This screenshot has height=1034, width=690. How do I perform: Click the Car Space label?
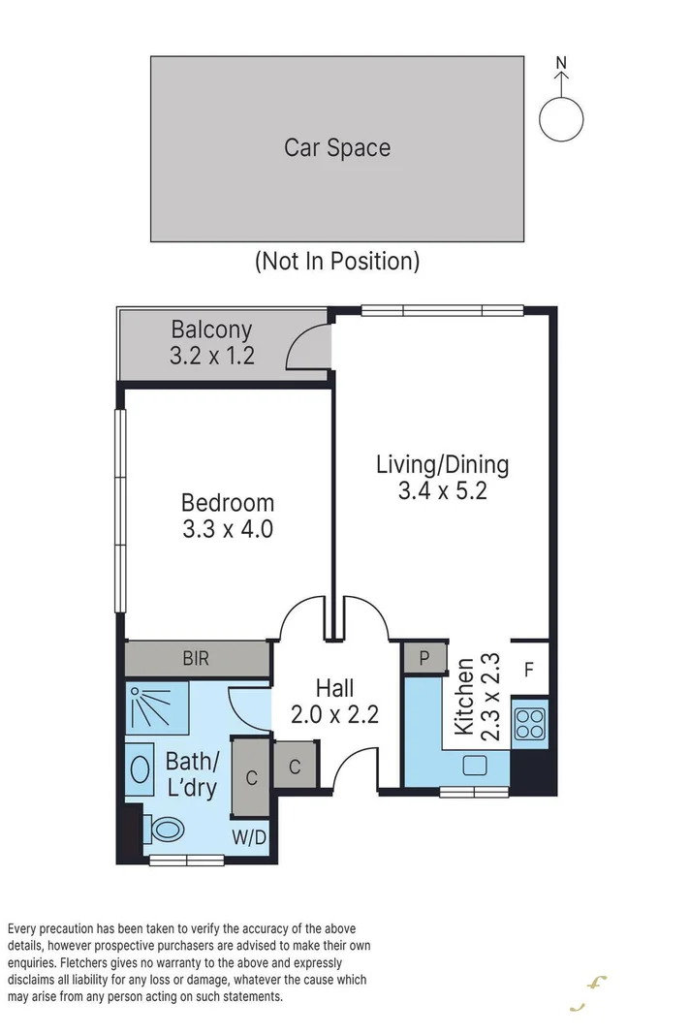337,147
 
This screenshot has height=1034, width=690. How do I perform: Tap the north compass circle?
561,119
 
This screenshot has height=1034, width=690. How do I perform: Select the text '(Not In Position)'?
337,261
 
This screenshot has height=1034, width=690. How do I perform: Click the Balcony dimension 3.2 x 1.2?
211,356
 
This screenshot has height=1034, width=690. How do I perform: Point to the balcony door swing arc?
308,347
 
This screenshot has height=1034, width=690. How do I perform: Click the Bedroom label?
228,503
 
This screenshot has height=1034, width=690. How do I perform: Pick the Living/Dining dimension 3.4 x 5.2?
442,491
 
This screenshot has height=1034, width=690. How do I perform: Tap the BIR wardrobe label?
196,660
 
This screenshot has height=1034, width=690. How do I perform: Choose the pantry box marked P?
423,658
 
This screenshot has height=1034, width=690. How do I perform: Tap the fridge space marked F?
528,669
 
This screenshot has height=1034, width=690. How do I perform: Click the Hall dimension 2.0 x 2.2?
334,715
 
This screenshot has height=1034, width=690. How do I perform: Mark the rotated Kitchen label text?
464,697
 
